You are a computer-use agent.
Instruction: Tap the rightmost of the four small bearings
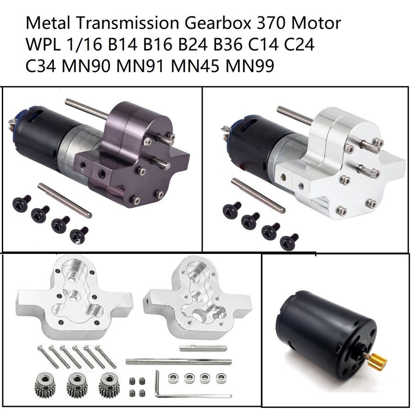pyautogui.click(x=217, y=378)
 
